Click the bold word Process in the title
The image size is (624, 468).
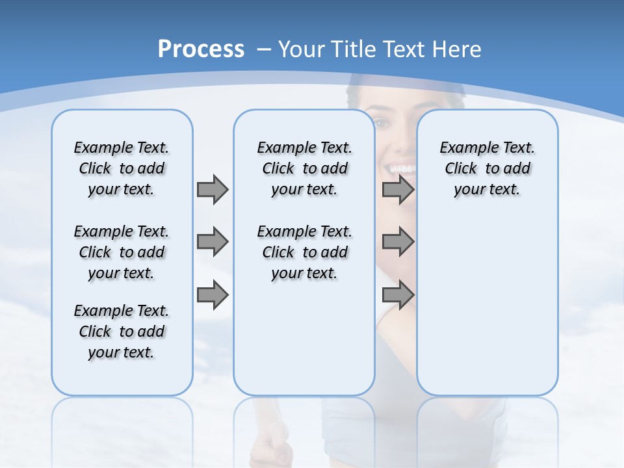coord(201,49)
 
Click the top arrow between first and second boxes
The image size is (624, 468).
coord(213,189)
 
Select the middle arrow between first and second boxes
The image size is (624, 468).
coord(213,242)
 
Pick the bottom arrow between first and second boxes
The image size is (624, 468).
coord(213,295)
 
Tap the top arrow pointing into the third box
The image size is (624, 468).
coord(398,189)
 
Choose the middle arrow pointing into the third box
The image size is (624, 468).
coord(398,242)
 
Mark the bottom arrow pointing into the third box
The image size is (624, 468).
coord(398,295)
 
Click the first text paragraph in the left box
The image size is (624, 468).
coord(122,168)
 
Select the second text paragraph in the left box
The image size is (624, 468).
coord(122,252)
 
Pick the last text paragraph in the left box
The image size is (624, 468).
coord(122,331)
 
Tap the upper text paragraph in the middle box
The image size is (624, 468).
coord(304,168)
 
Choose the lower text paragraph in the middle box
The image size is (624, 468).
coord(304,252)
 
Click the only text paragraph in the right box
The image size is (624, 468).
coord(487,168)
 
